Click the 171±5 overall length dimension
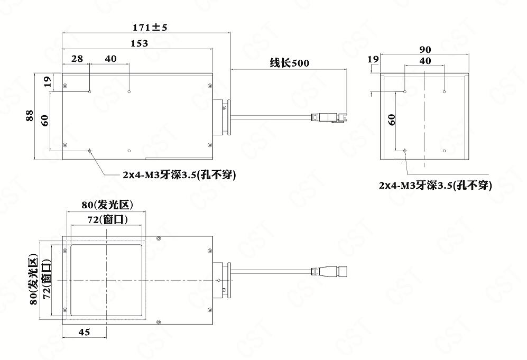[x=150, y=27]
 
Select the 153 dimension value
[x=138, y=44]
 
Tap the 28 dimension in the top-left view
[x=77, y=59]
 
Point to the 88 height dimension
[x=30, y=115]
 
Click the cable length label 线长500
[x=289, y=63]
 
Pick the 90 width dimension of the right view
[x=425, y=50]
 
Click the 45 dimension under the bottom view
[x=84, y=332]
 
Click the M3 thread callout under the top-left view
[x=179, y=175]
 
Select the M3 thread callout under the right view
[x=435, y=186]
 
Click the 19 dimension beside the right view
[x=373, y=60]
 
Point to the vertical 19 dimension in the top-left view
[x=46, y=81]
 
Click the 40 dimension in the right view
[x=425, y=61]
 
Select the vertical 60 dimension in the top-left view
[x=45, y=120]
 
